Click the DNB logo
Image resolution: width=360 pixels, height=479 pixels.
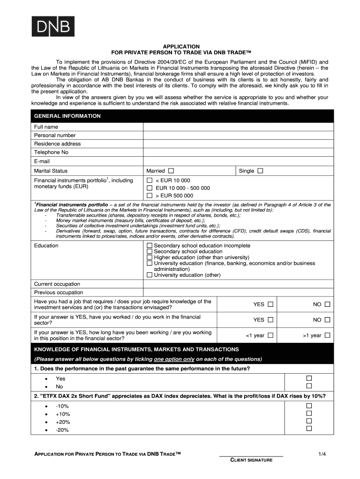pyautogui.click(x=52, y=26)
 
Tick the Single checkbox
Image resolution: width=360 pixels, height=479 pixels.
pyautogui.click(x=260, y=171)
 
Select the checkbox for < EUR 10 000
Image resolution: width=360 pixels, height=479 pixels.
pyautogui.click(x=150, y=181)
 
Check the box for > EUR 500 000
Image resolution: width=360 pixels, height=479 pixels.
pyautogui.click(x=150, y=196)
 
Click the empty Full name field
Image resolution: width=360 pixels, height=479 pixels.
pyautogui.click(x=238, y=127)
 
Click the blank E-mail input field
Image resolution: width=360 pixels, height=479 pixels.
pyautogui.click(x=238, y=161)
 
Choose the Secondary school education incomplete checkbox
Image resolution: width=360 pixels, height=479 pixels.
pyautogui.click(x=150, y=246)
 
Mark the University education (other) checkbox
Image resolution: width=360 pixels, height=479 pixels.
pyautogui.click(x=150, y=275)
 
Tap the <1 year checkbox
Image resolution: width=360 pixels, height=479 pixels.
pyautogui.click(x=271, y=335)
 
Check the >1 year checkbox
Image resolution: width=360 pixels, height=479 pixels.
pyautogui.click(x=327, y=335)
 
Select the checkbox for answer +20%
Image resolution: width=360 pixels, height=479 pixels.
pyautogui.click(x=309, y=421)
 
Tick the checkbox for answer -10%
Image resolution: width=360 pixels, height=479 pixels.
pyautogui.click(x=309, y=406)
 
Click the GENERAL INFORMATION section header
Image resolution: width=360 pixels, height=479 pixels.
pyautogui.click(x=67, y=116)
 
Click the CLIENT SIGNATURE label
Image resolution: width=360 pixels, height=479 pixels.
pyautogui.click(x=251, y=460)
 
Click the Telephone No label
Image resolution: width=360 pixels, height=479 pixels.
pyautogui.click(x=51, y=152)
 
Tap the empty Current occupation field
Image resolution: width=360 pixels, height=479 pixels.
pyautogui.click(x=238, y=284)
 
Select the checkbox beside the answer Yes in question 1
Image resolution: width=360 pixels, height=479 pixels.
pyautogui.click(x=309, y=378)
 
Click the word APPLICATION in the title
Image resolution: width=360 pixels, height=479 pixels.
pyautogui.click(x=181, y=46)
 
